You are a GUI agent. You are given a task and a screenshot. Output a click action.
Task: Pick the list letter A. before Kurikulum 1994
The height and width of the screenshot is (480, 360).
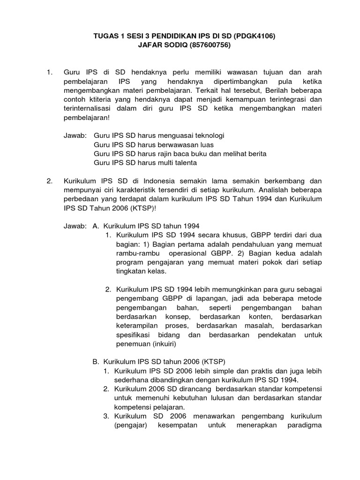[x=97, y=226]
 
